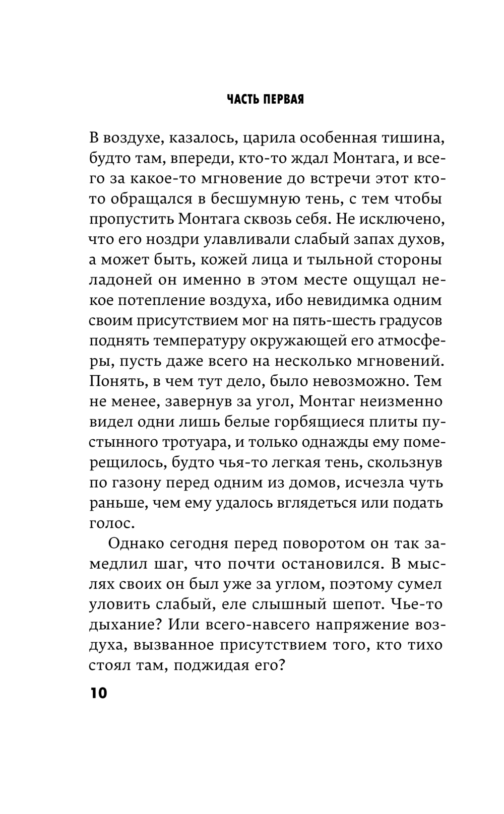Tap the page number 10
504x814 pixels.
point(99,693)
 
